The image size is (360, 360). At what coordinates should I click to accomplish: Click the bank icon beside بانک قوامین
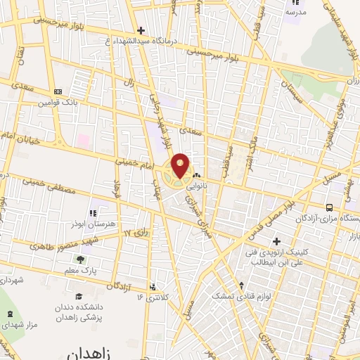58,91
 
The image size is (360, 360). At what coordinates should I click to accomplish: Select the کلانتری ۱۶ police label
149,296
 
